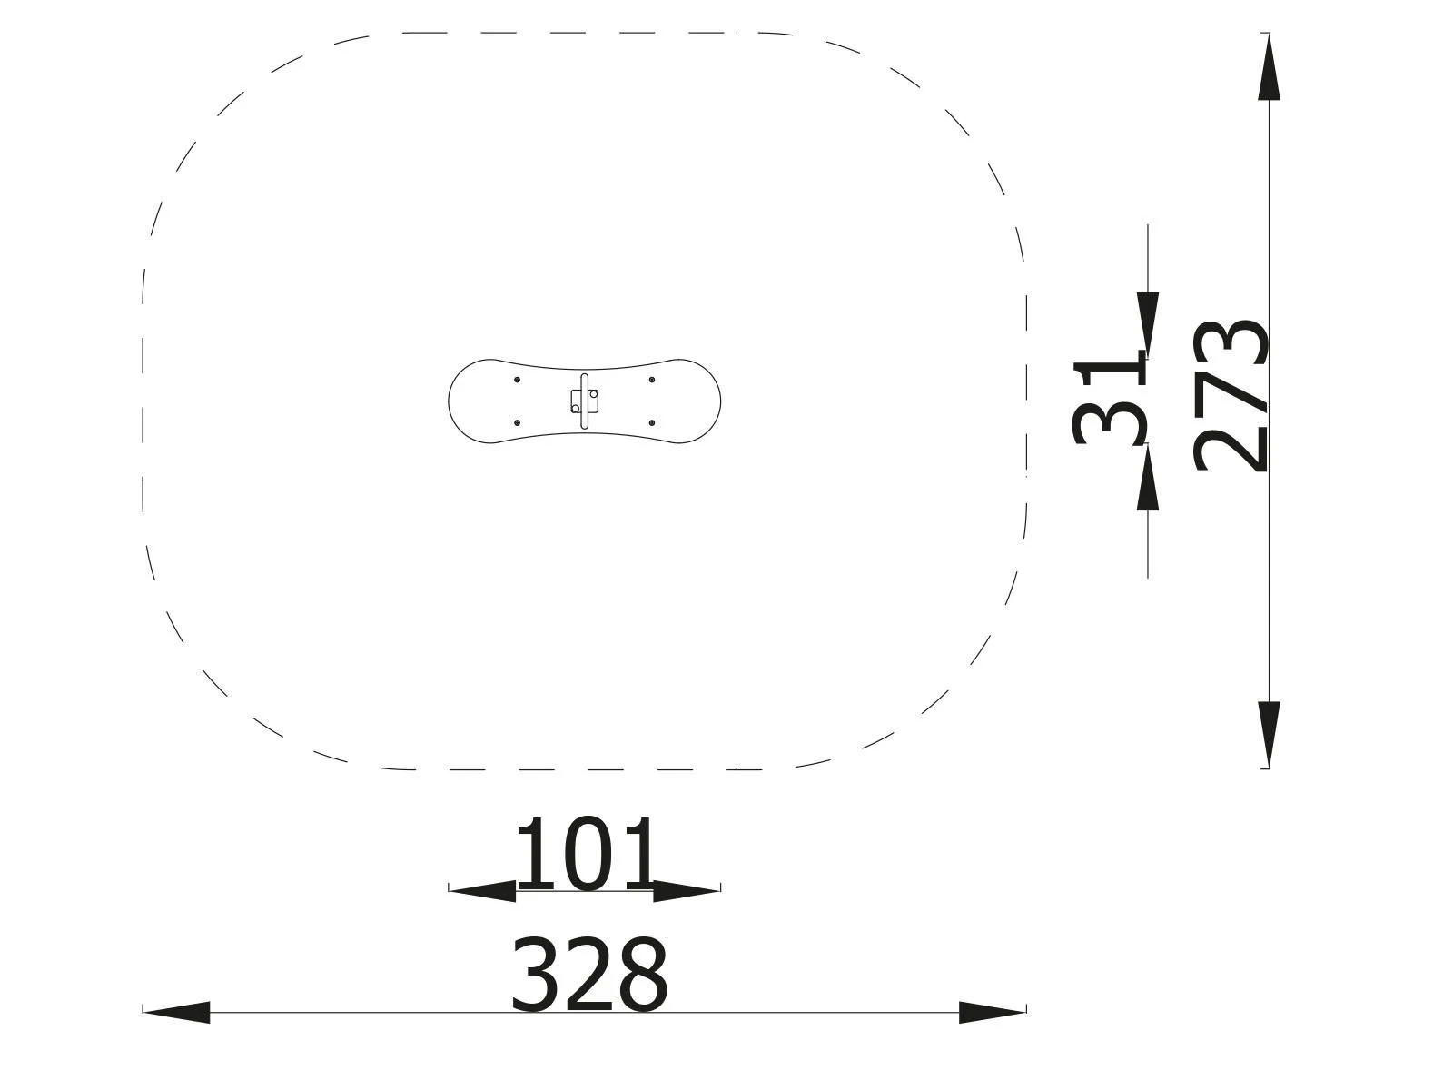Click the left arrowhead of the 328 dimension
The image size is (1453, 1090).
click(x=177, y=1012)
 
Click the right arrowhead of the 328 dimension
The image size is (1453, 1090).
click(x=992, y=1012)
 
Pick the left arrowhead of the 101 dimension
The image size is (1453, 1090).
click(x=482, y=891)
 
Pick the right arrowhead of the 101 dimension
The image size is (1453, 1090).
click(x=687, y=891)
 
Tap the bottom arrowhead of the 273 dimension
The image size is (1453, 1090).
click(x=1269, y=734)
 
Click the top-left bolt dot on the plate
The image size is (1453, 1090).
click(x=518, y=380)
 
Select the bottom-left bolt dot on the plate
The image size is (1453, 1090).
click(x=518, y=423)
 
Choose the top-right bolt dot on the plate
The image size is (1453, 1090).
click(x=652, y=380)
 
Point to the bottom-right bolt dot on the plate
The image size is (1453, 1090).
click(x=652, y=423)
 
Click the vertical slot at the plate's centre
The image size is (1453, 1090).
click(x=585, y=401)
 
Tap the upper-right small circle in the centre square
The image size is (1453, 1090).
click(x=594, y=394)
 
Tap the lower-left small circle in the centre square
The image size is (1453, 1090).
click(x=576, y=409)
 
